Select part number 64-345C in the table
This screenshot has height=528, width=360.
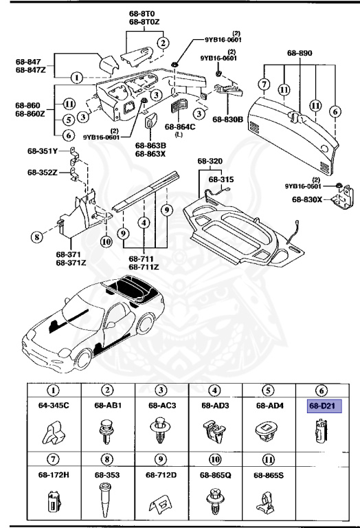(54, 406)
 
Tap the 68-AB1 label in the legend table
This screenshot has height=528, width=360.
(108, 406)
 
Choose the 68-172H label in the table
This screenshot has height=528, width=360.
(54, 474)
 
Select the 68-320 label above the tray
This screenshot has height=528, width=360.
(211, 162)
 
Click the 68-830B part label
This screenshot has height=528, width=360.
(226, 120)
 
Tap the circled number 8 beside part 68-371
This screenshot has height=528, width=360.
(36, 239)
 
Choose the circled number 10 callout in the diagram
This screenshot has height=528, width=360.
(105, 241)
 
